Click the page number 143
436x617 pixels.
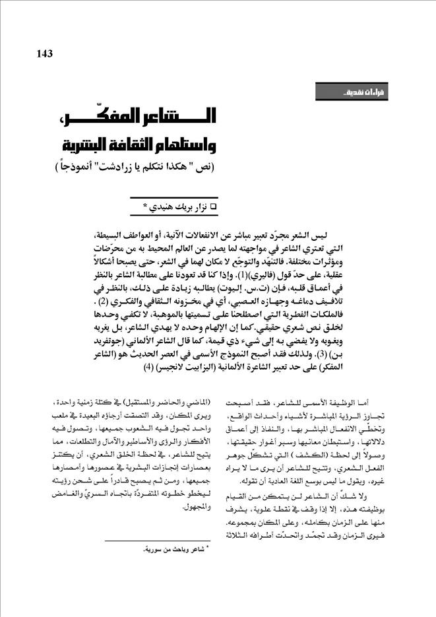tap(41, 53)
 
